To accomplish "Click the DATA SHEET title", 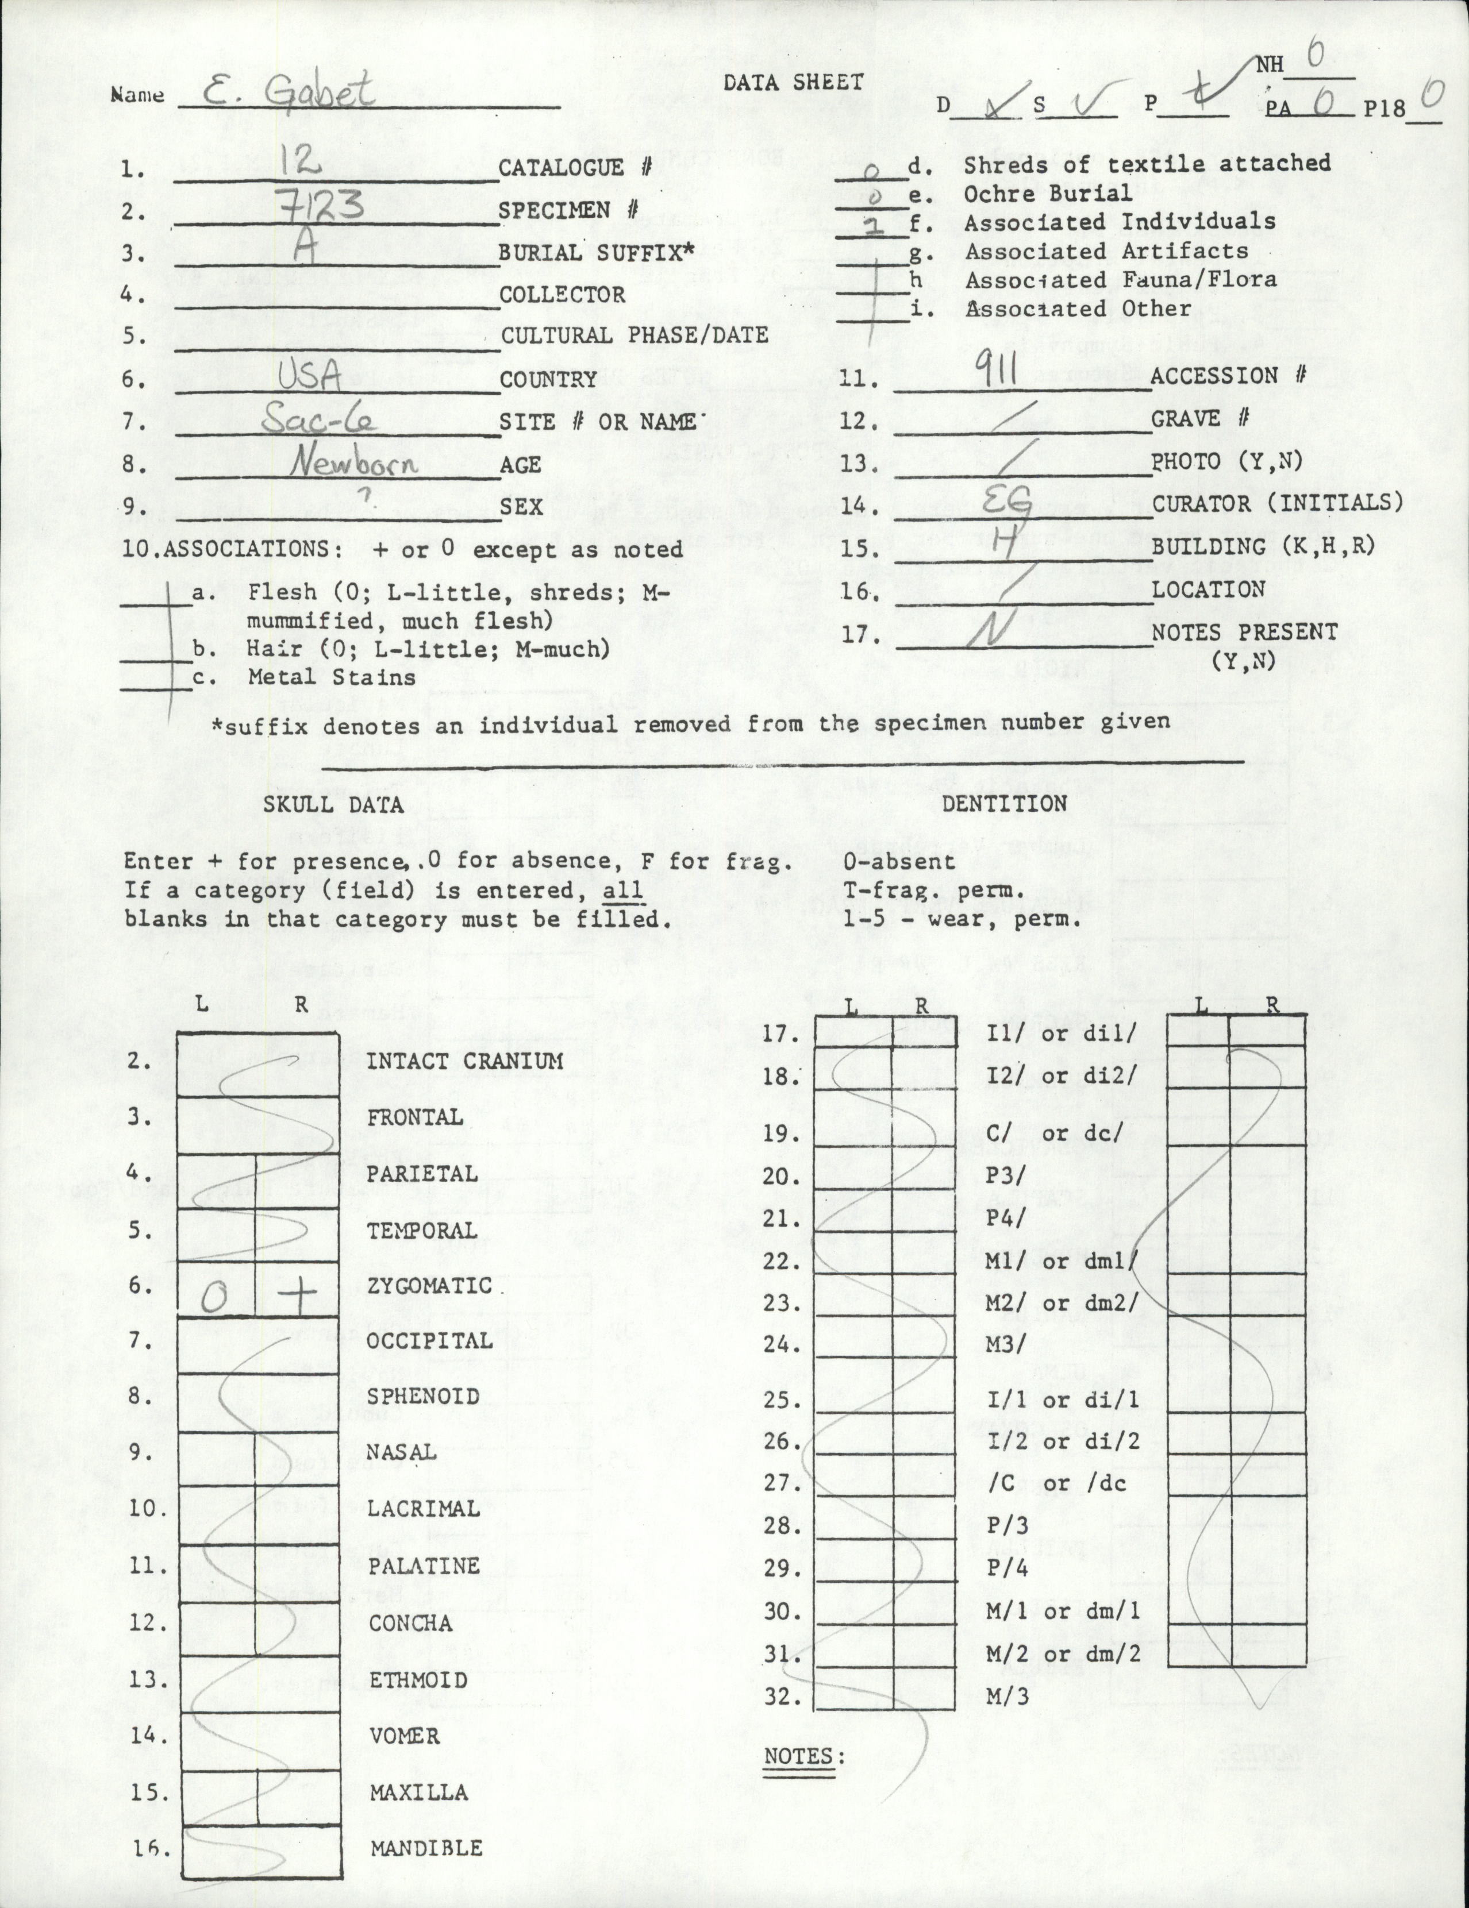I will pyautogui.click(x=792, y=83).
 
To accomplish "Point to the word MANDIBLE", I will pyautogui.click(x=425, y=1848).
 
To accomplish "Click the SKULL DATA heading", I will pyautogui.click(x=333, y=804).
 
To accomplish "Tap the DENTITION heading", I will pyautogui.click(x=1003, y=803).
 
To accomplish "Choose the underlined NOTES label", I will pyautogui.click(x=798, y=1732).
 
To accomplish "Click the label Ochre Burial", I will pyautogui.click(x=1047, y=192).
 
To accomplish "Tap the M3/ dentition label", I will pyautogui.click(x=1006, y=1344).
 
